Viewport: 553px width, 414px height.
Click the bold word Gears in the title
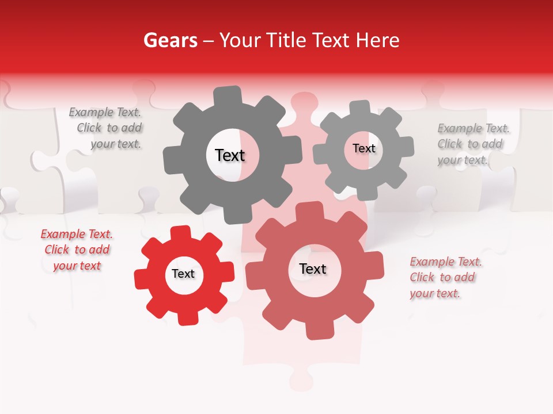pyautogui.click(x=170, y=40)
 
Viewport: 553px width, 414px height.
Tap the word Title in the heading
pyautogui.click(x=286, y=40)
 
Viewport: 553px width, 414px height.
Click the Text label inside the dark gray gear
pyautogui.click(x=230, y=155)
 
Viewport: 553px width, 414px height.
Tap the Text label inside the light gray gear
pyautogui.click(x=364, y=148)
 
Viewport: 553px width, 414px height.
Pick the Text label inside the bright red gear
pyautogui.click(x=183, y=274)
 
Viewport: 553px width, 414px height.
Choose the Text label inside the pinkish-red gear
pyautogui.click(x=313, y=269)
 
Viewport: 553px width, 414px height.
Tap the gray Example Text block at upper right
pyautogui.click(x=472, y=144)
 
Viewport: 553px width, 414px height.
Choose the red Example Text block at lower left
pyautogui.click(x=77, y=250)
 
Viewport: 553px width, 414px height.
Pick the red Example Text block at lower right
pyautogui.click(x=445, y=277)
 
